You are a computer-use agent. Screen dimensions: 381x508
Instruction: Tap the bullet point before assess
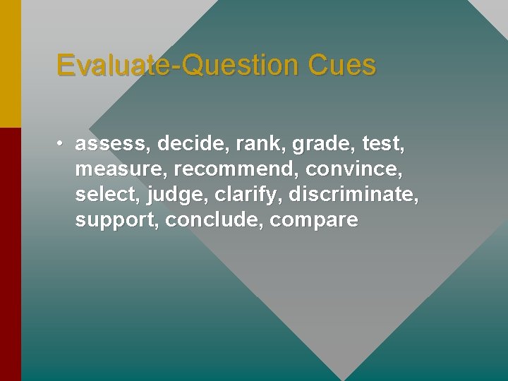click(x=61, y=144)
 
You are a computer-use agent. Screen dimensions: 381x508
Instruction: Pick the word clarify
click(x=248, y=195)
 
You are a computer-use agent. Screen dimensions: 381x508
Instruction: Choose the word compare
click(x=314, y=221)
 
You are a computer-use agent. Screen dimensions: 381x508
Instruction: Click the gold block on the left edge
click(x=10, y=64)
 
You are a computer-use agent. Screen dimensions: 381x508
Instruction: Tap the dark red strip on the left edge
click(x=10, y=254)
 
